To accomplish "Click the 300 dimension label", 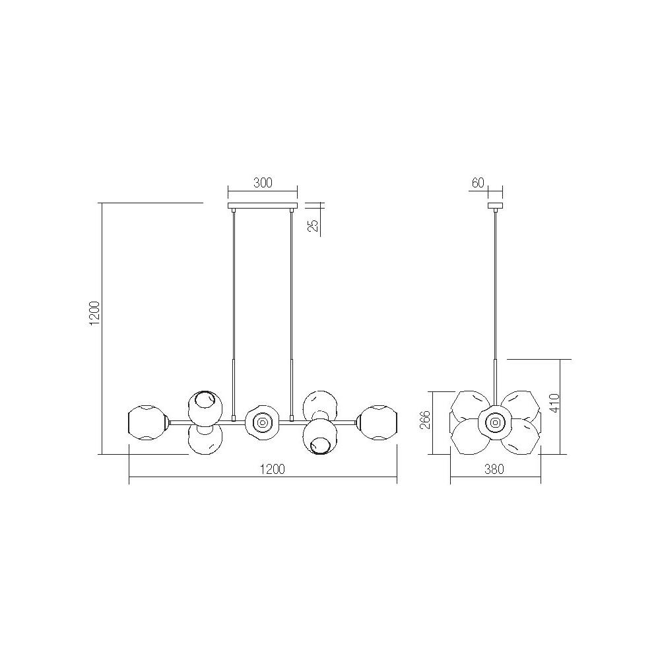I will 263,183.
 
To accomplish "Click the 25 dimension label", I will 314,226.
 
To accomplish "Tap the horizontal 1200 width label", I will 271,470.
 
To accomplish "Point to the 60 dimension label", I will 478,183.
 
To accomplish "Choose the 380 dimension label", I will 494,470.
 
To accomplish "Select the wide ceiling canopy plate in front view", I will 262,207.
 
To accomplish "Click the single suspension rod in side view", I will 495,290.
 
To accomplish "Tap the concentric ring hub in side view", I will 495,420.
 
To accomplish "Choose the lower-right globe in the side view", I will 521,436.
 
